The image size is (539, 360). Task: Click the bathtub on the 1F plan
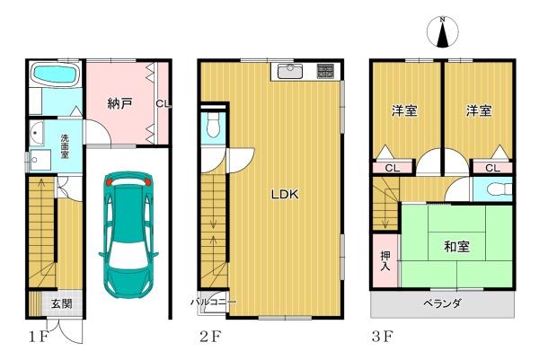[55, 75]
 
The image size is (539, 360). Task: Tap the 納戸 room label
[120, 103]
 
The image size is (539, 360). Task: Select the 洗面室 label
[65, 146]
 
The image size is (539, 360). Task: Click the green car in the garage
[128, 234]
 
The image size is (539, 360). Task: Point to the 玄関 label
[62, 303]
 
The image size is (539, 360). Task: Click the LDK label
[285, 195]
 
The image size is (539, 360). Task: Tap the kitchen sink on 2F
[290, 72]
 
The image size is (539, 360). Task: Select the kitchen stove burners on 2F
[325, 71]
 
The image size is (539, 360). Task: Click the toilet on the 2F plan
[214, 126]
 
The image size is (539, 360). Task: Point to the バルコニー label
[214, 303]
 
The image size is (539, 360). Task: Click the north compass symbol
[442, 32]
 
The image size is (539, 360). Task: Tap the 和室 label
[456, 247]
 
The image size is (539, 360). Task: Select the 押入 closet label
[385, 260]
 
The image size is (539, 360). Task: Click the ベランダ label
[442, 303]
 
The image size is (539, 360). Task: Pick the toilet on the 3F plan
[499, 189]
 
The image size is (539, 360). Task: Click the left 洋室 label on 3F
[404, 110]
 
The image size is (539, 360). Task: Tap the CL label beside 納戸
[163, 103]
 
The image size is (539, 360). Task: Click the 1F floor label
[38, 337]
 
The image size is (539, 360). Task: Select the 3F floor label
[382, 337]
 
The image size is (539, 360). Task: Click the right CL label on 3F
[492, 168]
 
